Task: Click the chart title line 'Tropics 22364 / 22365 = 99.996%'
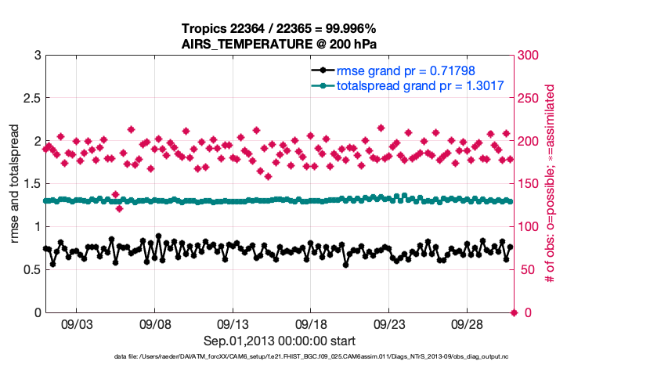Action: pyautogui.click(x=280, y=29)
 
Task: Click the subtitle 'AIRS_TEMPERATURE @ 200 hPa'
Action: pyautogui.click(x=280, y=44)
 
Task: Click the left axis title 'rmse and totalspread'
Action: pyautogui.click(x=16, y=184)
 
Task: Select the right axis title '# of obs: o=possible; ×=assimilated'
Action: pyautogui.click(x=550, y=184)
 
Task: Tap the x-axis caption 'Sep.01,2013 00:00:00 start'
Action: pyautogui.click(x=280, y=341)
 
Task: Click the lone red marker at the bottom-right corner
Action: pyautogui.click(x=514, y=312)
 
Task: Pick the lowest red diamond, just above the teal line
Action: pyautogui.click(x=119, y=208)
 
